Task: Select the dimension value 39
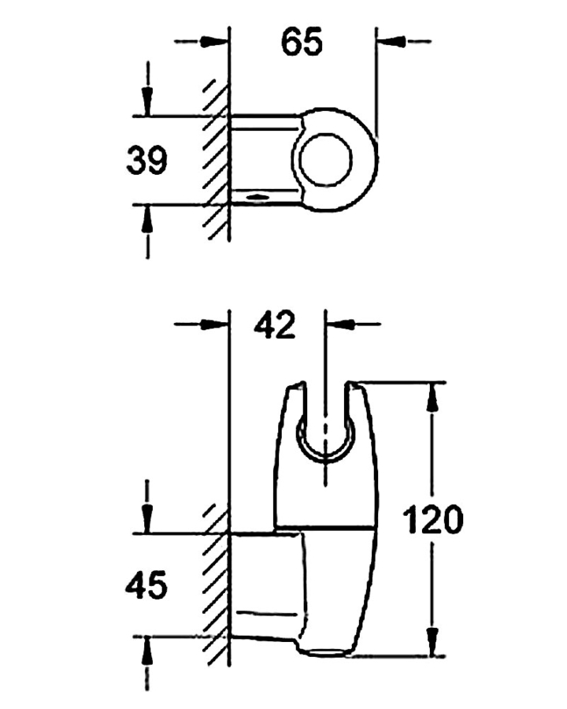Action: point(147,161)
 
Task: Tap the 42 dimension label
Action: point(275,325)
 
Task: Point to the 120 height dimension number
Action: point(432,521)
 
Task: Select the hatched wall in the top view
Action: point(215,158)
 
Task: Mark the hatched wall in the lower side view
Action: point(215,587)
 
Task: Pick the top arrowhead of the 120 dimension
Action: point(432,398)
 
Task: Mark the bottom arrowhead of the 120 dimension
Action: point(432,641)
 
